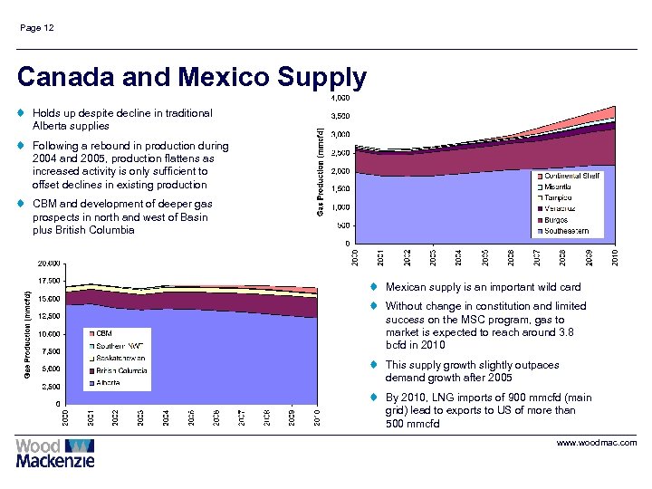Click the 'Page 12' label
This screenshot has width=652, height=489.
coord(37,28)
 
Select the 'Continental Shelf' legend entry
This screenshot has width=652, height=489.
coord(571,175)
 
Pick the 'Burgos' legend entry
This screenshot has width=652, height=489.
coord(557,219)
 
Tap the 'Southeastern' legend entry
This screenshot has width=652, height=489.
coord(567,230)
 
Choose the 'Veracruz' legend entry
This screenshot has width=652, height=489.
coord(561,208)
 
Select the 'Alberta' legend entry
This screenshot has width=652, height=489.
coord(108,382)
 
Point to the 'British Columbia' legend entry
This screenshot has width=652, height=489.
coord(121,370)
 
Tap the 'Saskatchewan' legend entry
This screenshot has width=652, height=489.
coord(120,358)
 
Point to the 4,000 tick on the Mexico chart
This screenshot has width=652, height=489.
coord(341,98)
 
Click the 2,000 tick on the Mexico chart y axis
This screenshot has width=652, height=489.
coord(341,171)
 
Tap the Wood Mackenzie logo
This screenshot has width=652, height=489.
coord(55,452)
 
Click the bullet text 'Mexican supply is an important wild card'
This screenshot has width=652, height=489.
coord(483,287)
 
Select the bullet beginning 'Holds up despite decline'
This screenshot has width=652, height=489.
coord(122,120)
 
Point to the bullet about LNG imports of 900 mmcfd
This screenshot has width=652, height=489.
coord(488,410)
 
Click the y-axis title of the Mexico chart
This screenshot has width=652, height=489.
coord(320,171)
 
